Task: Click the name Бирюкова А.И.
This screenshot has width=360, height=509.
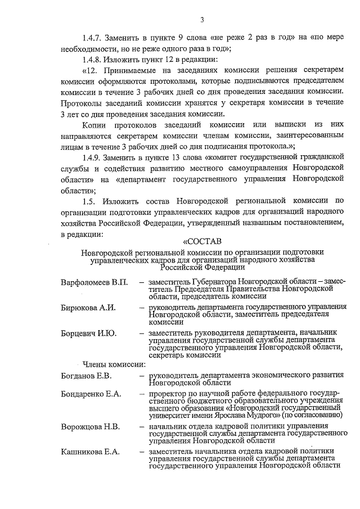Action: pyautogui.click(x=88, y=307)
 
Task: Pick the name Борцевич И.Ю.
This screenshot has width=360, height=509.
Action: pyautogui.click(x=89, y=334)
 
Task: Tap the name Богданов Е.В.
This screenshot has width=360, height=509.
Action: pyautogui.click(x=87, y=375)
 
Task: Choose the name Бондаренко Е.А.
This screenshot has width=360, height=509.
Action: pyautogui.click(x=91, y=394)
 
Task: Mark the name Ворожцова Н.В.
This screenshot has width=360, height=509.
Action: pyautogui.click(x=90, y=427)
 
